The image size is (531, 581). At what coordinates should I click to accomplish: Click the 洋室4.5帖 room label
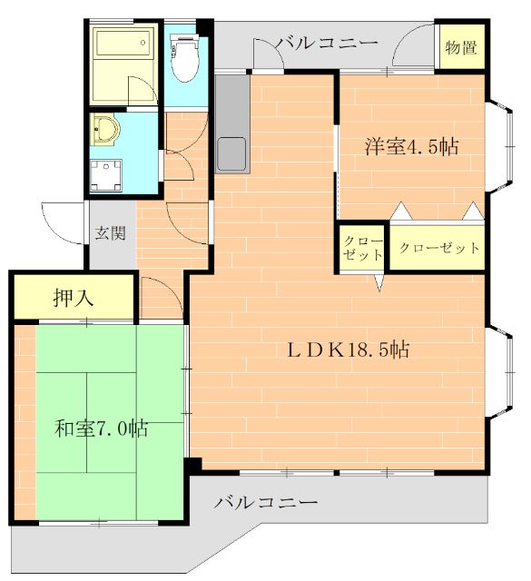pos(411,147)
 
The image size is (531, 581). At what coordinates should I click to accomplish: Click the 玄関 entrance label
pos(110,232)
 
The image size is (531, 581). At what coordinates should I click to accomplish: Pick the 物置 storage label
pos(461,48)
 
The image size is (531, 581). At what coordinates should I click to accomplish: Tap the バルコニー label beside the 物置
pos(326,43)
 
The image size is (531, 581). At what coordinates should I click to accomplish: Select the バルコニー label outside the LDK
pos(266,502)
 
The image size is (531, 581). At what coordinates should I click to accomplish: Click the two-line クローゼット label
pos(362,248)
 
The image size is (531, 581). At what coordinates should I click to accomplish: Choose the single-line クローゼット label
pos(438,248)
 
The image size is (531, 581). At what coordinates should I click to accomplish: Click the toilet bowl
pos(184,62)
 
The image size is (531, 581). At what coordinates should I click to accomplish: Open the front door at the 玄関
pos(64,222)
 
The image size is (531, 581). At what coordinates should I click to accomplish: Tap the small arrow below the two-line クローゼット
pos(380,282)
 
